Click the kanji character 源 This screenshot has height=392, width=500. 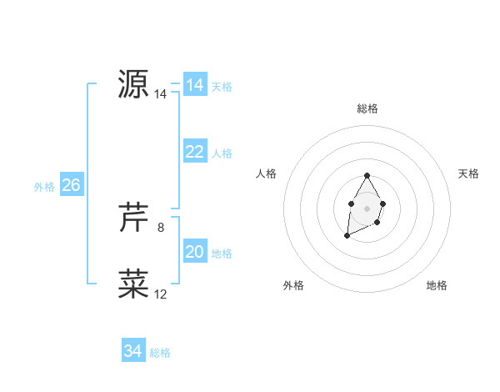[x=133, y=83]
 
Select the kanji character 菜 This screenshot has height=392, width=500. [x=133, y=284]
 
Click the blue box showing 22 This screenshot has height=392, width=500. [x=194, y=152]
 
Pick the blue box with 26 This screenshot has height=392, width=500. [x=71, y=185]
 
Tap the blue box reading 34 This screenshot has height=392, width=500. [x=132, y=351]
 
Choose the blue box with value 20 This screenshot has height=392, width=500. [x=194, y=252]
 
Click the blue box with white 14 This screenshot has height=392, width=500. [x=194, y=85]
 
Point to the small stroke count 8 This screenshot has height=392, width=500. [x=161, y=227]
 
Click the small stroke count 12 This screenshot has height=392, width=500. [x=160, y=294]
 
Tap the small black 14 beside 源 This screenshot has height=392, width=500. [x=160, y=95]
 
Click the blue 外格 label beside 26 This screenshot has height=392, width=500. [x=44, y=187]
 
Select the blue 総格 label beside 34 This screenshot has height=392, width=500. [x=160, y=353]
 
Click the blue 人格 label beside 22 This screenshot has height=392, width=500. [x=222, y=153]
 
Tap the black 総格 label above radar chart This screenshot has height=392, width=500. [x=367, y=108]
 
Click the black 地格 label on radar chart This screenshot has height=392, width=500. [x=437, y=285]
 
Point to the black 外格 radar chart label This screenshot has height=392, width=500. [x=293, y=285]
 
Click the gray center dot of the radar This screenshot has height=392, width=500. [x=367, y=207]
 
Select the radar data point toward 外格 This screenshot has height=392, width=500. [x=347, y=236]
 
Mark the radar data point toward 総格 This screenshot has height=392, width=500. [x=367, y=175]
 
